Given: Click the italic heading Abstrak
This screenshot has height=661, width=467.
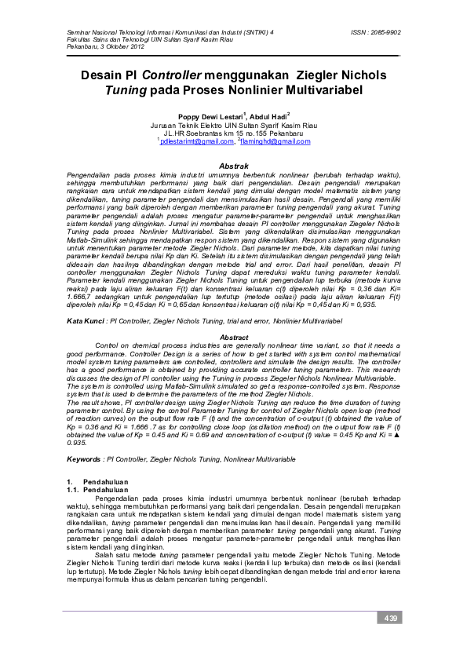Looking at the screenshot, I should click(233, 166).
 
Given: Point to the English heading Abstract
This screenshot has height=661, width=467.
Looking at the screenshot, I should click(233, 337).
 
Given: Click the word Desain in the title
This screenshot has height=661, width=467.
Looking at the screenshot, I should click(104, 76).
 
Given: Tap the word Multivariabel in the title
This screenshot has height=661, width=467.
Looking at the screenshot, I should click(332, 90).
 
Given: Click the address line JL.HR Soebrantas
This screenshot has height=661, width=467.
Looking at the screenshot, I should click(233, 133).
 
